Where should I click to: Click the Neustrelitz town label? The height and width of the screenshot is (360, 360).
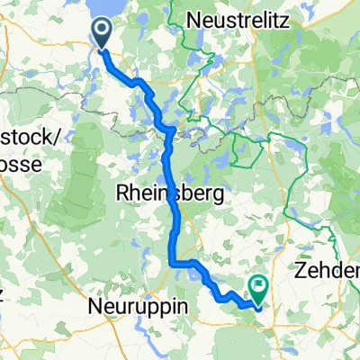pos(238,20)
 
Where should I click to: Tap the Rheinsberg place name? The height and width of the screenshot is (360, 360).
pos(163,193)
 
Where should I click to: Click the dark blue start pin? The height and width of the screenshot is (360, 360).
pos(102,32)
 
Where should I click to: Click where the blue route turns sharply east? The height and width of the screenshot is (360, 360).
pos(172,262)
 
